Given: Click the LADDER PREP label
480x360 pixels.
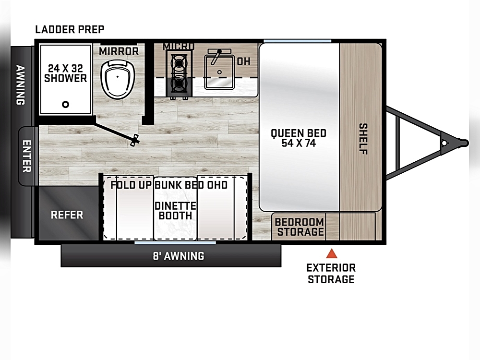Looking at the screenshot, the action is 70,29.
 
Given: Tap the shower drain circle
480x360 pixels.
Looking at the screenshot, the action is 65,104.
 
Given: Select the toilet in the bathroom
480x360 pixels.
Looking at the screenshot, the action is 118,79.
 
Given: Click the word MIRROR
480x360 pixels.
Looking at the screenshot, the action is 119,51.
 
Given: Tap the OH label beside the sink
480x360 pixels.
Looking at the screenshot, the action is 244,61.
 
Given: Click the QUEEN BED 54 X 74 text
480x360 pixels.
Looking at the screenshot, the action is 299,138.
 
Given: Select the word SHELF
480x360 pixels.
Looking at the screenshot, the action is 363,139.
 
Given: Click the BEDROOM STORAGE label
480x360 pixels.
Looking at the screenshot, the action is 300,227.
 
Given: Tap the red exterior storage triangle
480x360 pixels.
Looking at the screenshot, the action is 332,254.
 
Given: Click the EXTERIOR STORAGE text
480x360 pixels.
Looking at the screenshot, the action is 331,274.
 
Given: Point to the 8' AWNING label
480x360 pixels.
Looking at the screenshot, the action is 179,256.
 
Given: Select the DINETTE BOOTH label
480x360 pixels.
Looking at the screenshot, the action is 175,211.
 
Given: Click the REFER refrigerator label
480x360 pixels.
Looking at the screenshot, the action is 67,215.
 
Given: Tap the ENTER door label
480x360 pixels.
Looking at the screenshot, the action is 27,156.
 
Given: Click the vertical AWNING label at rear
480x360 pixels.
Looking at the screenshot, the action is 21,85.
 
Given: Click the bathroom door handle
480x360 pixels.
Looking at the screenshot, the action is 134,140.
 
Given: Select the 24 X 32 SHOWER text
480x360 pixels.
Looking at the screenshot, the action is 65,73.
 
